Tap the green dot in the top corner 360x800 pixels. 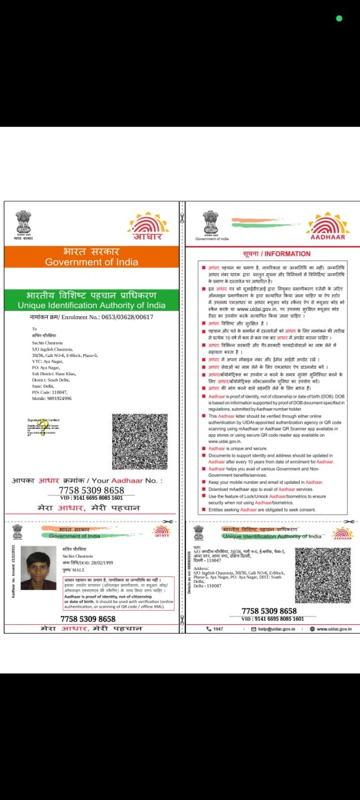(339, 19)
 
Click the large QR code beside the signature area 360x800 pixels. (139, 442)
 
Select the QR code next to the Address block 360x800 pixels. (322, 575)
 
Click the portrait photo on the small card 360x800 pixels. (39, 568)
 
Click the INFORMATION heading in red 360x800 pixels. (277, 253)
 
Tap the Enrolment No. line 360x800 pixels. (92, 317)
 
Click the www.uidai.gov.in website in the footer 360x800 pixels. (334, 629)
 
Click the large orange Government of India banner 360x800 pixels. (92, 257)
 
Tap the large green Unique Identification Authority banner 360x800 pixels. (92, 300)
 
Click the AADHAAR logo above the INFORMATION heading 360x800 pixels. (328, 226)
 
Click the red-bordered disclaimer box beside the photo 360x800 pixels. (119, 593)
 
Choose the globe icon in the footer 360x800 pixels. (312, 629)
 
